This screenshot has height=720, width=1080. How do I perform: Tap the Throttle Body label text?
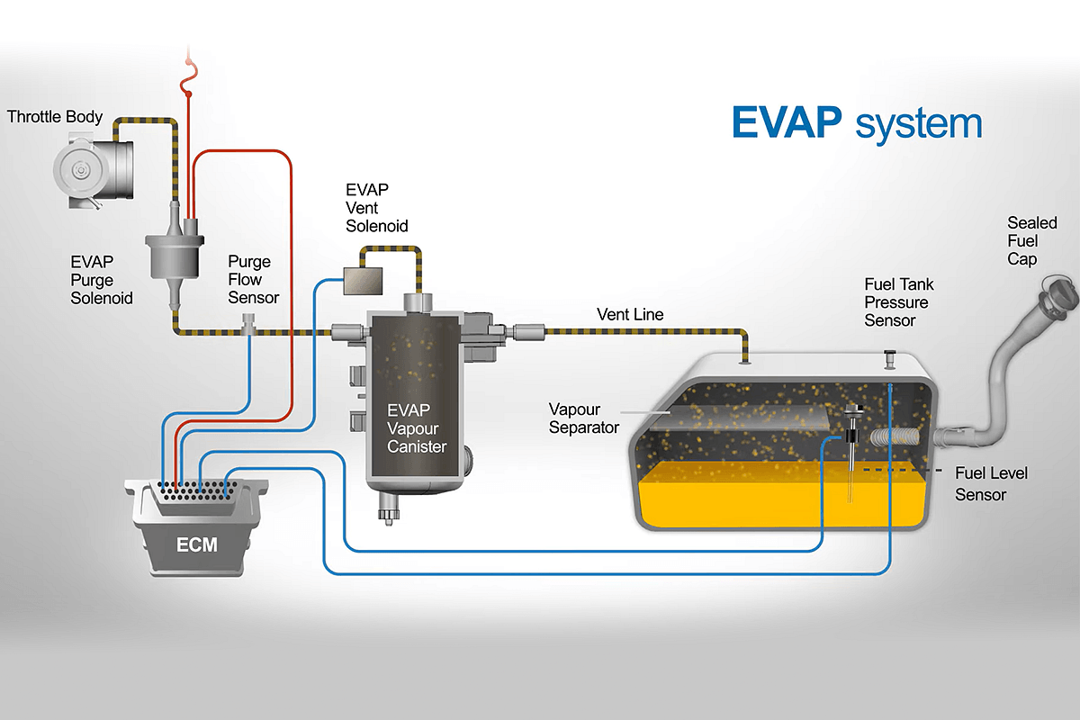[55, 117]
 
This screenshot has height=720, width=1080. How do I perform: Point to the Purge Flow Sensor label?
[249, 280]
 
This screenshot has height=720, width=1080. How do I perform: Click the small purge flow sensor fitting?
[250, 322]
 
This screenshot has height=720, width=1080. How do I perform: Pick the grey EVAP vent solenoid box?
[362, 279]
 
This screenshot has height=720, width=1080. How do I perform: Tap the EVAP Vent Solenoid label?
[377, 208]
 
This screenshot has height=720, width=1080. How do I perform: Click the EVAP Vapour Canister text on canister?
[416, 427]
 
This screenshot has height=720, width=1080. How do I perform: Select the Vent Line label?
[630, 315]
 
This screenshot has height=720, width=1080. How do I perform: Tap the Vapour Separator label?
[584, 418]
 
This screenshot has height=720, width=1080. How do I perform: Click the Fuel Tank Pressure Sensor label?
[896, 302]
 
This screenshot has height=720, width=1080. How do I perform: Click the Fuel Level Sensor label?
[991, 483]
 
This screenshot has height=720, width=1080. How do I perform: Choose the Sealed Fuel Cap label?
[1031, 240]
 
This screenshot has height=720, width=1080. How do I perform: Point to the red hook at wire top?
[188, 86]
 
